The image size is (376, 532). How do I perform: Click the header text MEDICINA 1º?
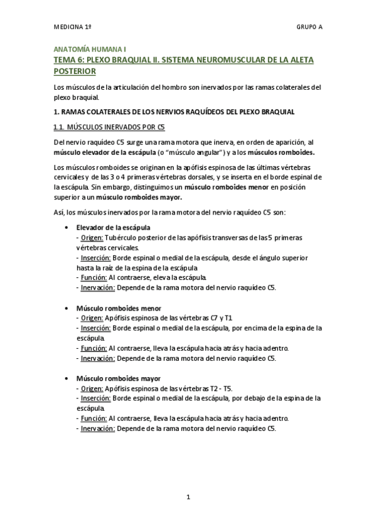[x=73, y=28]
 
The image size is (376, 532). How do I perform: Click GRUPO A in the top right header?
[x=309, y=28]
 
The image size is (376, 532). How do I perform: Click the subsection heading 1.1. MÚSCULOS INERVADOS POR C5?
[x=109, y=127]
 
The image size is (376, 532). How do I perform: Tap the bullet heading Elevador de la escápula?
[x=113, y=227]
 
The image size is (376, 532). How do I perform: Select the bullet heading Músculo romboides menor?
[x=119, y=309]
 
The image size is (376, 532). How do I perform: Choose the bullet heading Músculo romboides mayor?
[x=119, y=379]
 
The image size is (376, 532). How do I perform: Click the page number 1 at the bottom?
[x=188, y=497]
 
